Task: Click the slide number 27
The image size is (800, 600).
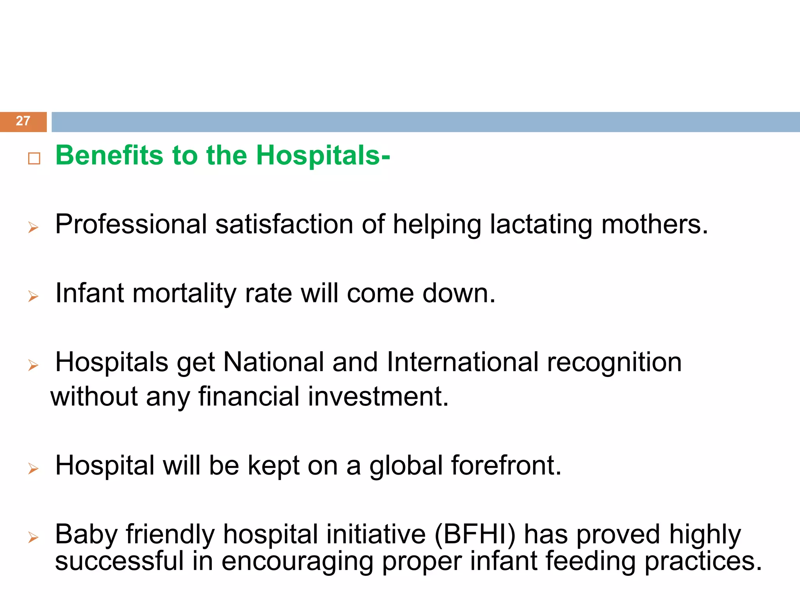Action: point(23,121)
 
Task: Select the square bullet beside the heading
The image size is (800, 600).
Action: point(34,158)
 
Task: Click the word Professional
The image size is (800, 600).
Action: point(131,225)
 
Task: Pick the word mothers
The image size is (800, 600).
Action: point(654,225)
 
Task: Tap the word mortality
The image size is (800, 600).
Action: point(184,294)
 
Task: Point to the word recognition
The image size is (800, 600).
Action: point(614,362)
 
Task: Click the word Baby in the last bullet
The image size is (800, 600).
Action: point(86,534)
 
